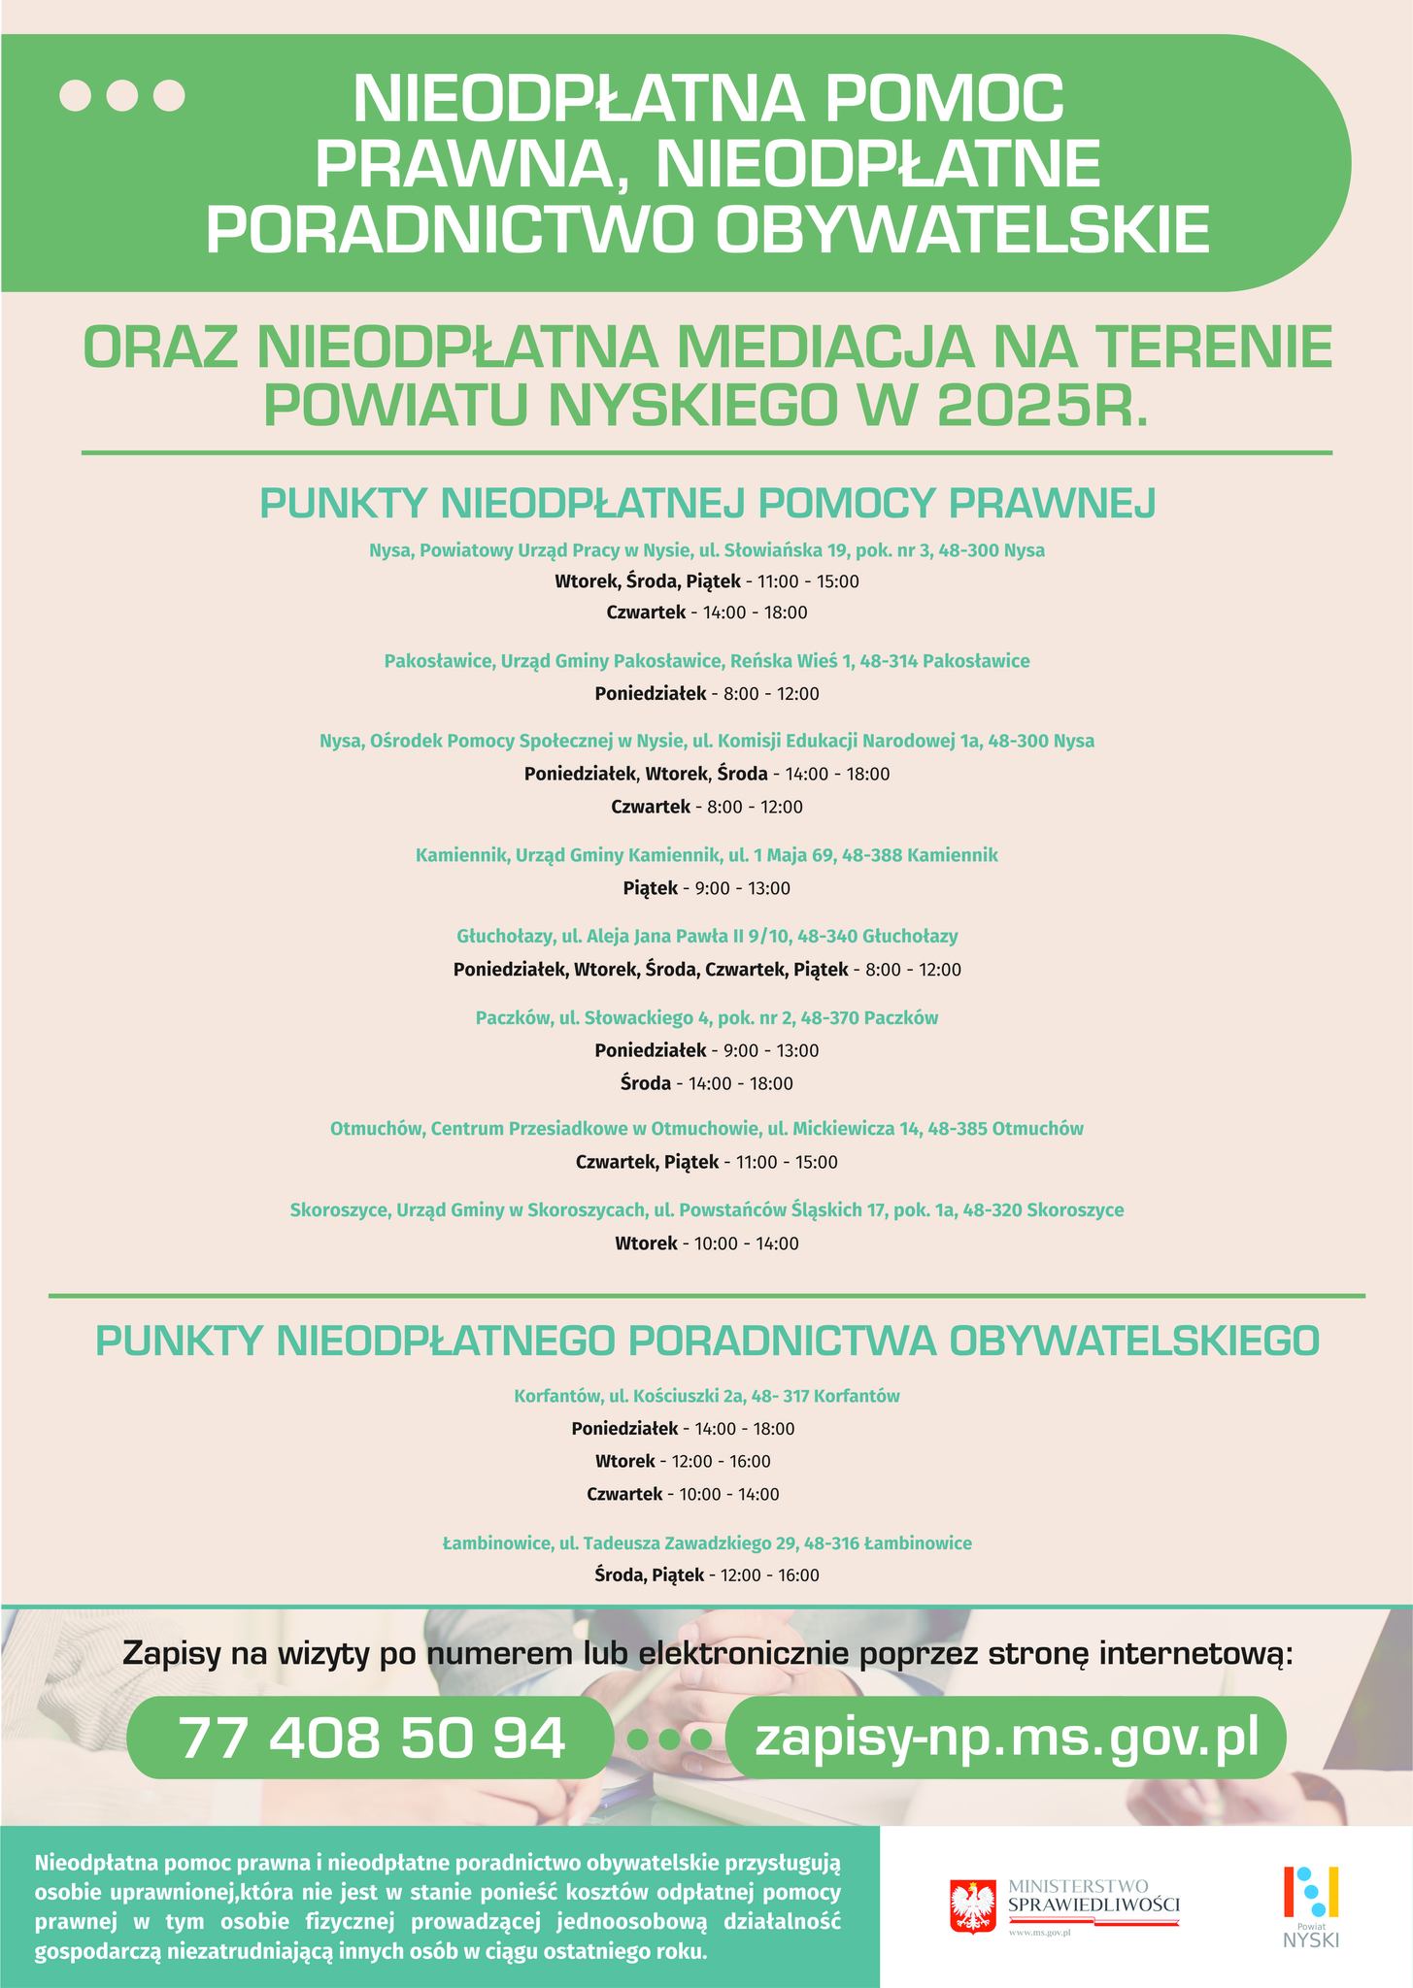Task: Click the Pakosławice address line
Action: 707,661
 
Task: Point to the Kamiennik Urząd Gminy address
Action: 707,855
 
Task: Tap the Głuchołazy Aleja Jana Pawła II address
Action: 707,937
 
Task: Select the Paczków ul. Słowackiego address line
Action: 707,1017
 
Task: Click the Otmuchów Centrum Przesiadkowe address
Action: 707,1129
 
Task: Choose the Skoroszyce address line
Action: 707,1210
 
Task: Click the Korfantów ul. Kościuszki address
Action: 707,1397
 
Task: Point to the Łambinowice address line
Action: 707,1542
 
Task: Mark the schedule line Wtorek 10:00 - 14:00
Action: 707,1243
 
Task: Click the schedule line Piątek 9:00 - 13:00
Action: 707,888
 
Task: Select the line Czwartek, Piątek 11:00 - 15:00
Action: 707,1162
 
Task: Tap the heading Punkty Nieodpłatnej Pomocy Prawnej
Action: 707,504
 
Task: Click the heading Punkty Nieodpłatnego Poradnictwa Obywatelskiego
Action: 707,1341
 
